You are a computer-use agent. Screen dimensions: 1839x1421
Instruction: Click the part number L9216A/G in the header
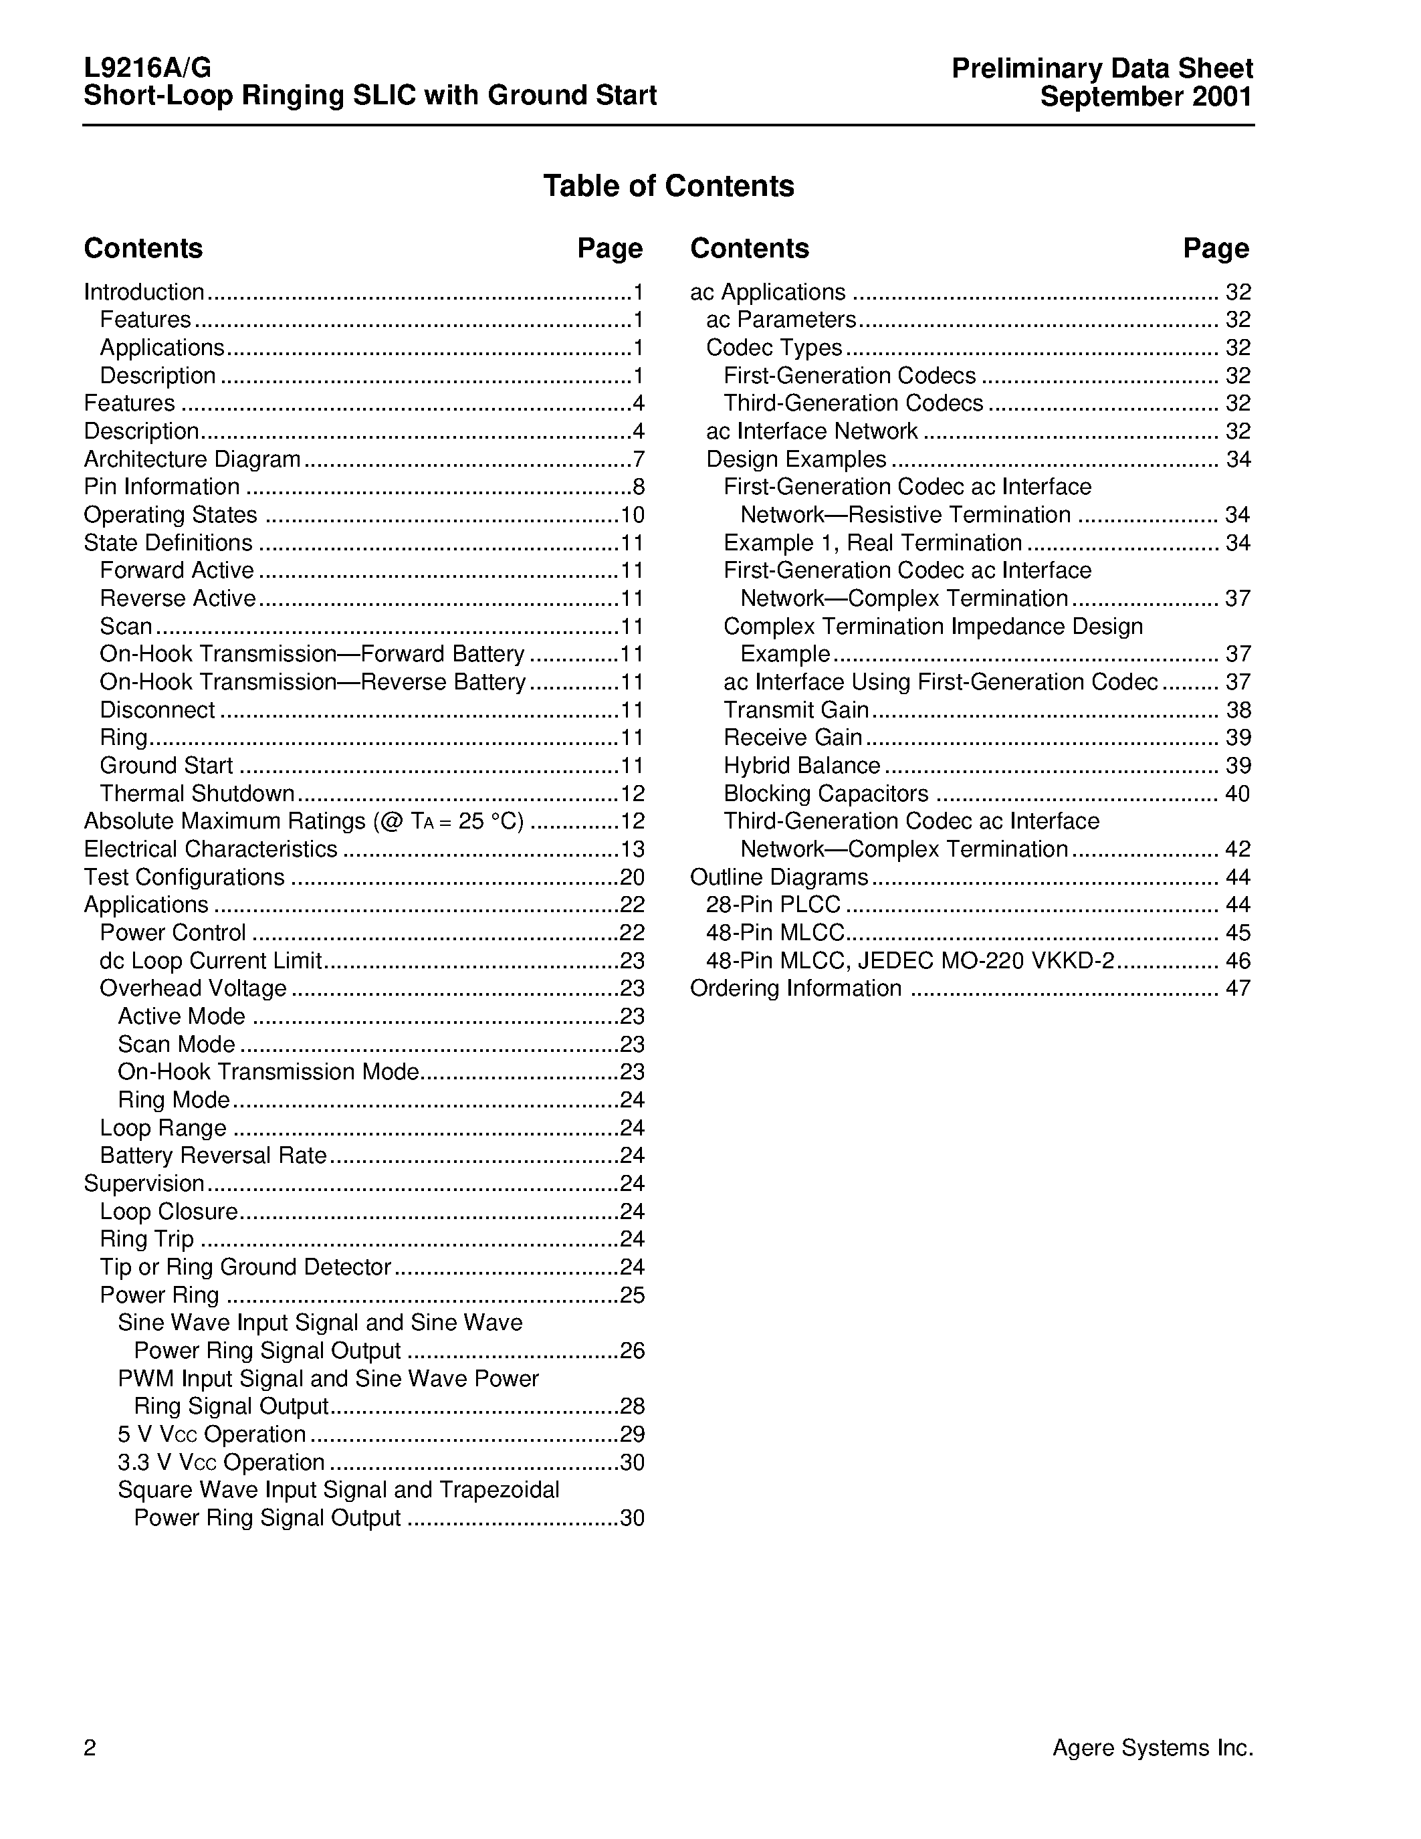[x=147, y=68]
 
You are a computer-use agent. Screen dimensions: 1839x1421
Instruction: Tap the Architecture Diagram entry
[x=192, y=459]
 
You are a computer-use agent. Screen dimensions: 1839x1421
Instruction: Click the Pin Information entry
[x=162, y=487]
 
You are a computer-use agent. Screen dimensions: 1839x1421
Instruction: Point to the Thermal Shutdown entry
[x=197, y=793]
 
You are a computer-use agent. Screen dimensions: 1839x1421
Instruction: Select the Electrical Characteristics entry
[x=211, y=849]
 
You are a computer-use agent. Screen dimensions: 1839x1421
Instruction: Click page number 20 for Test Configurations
[x=631, y=877]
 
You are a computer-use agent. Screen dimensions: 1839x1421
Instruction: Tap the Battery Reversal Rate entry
[x=213, y=1156]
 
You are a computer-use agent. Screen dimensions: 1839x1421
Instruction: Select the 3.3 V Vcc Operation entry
[x=221, y=1463]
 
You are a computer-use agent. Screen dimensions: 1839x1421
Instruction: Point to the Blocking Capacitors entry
[x=826, y=793]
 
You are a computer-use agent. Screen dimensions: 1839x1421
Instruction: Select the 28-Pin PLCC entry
[x=773, y=904]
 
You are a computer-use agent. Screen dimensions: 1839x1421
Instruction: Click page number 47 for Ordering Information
[x=1238, y=988]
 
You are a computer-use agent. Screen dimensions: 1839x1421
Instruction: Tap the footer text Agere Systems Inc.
[x=1152, y=1748]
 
